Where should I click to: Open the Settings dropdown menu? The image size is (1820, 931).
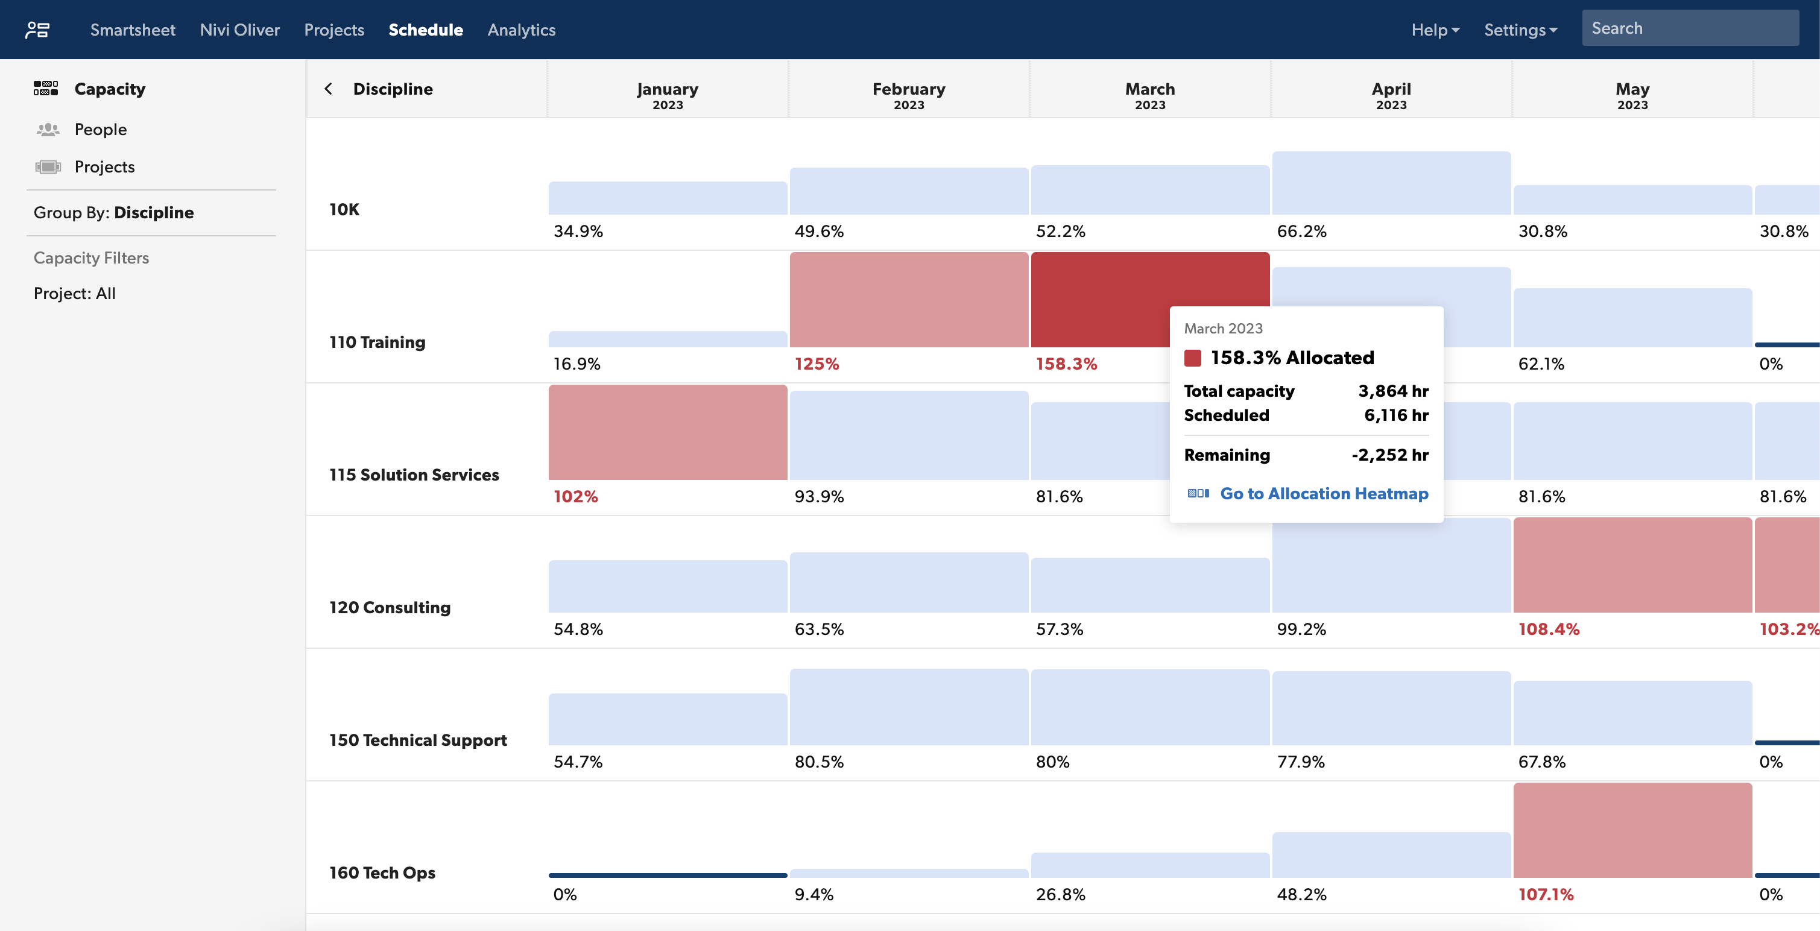(1520, 30)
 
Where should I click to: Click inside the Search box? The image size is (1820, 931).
(1689, 28)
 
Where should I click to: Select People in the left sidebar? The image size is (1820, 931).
(100, 129)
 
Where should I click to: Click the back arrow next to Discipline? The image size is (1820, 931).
(329, 89)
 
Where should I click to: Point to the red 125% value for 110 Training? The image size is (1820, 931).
(817, 364)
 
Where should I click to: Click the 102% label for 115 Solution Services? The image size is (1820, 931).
(575, 497)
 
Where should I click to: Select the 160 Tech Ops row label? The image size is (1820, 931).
(382, 873)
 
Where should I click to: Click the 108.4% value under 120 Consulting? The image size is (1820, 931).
(1548, 629)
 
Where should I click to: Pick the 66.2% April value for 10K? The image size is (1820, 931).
(1301, 231)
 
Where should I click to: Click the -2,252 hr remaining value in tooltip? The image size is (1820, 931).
(1389, 455)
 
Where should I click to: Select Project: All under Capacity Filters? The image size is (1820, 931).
(75, 293)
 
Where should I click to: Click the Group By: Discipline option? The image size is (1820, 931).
(114, 213)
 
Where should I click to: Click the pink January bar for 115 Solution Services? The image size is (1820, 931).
(668, 432)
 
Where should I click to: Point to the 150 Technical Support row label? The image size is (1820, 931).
(417, 740)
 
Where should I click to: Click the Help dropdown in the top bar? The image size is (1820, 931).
(1434, 30)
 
